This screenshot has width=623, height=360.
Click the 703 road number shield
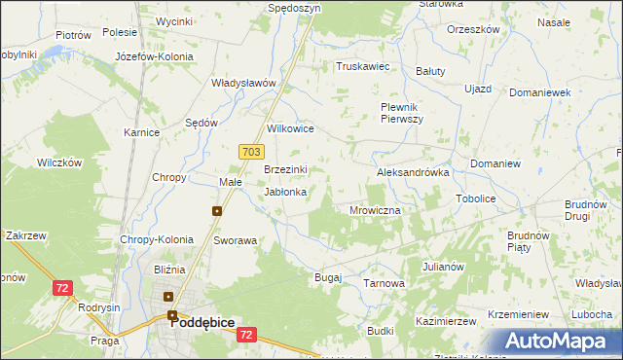[x=251, y=151]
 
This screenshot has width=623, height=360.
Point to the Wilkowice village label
[x=290, y=127]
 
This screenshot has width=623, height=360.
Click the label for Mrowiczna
[x=375, y=209]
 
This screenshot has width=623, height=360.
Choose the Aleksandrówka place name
[x=413, y=171]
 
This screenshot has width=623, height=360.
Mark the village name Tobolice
[x=476, y=198]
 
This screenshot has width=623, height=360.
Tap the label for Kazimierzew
[x=444, y=320]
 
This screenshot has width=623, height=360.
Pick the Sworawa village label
[x=235, y=239]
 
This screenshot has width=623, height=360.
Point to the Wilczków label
[x=59, y=162]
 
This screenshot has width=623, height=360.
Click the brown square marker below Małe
[x=217, y=210]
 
